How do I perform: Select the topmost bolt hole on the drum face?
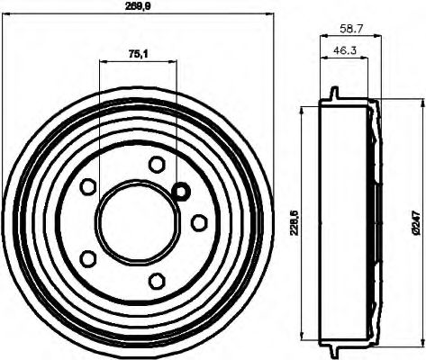[157, 164]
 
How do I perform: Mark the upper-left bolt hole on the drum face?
[88, 186]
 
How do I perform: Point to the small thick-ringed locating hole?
[180, 191]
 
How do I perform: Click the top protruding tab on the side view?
[334, 94]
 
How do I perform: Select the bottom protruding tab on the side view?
[334, 348]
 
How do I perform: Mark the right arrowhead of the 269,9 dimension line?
[269, 13]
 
